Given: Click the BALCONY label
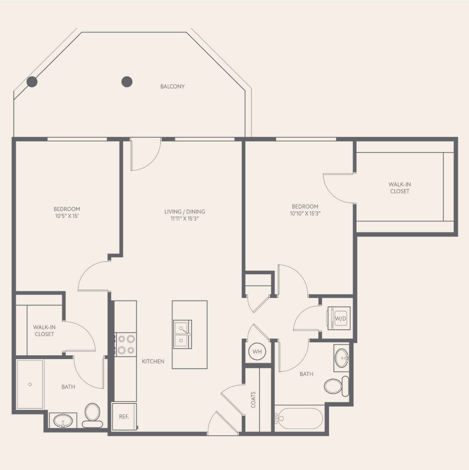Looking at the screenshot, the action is coord(172,86).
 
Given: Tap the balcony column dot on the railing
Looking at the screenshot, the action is coord(32,82).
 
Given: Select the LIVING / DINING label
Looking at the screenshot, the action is coord(185,211).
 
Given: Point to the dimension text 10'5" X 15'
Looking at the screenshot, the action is coord(67,216).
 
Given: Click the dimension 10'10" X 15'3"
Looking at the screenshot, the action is coord(305,213).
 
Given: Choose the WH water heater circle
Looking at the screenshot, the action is coord(257,351).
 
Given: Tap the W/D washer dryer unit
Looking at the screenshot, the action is coord(339,318).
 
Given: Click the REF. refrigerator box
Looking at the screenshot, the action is coord(124,417).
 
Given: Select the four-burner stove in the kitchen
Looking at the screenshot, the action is coord(126,345).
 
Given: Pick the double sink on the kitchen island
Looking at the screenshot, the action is coord(182,334).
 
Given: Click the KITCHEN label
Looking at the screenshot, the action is coord(153,361).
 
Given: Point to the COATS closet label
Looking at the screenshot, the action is coord(253,400).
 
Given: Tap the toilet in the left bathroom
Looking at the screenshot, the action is coord(92,415).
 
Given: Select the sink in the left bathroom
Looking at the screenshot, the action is coord(63,421).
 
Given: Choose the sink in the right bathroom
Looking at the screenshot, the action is coord(341,358).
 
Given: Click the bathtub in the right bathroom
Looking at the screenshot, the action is coord(299,418).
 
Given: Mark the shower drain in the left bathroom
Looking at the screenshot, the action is coord(30,384).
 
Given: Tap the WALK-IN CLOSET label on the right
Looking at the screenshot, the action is coord(400,188).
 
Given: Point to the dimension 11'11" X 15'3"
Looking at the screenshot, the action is coord(185,218).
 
